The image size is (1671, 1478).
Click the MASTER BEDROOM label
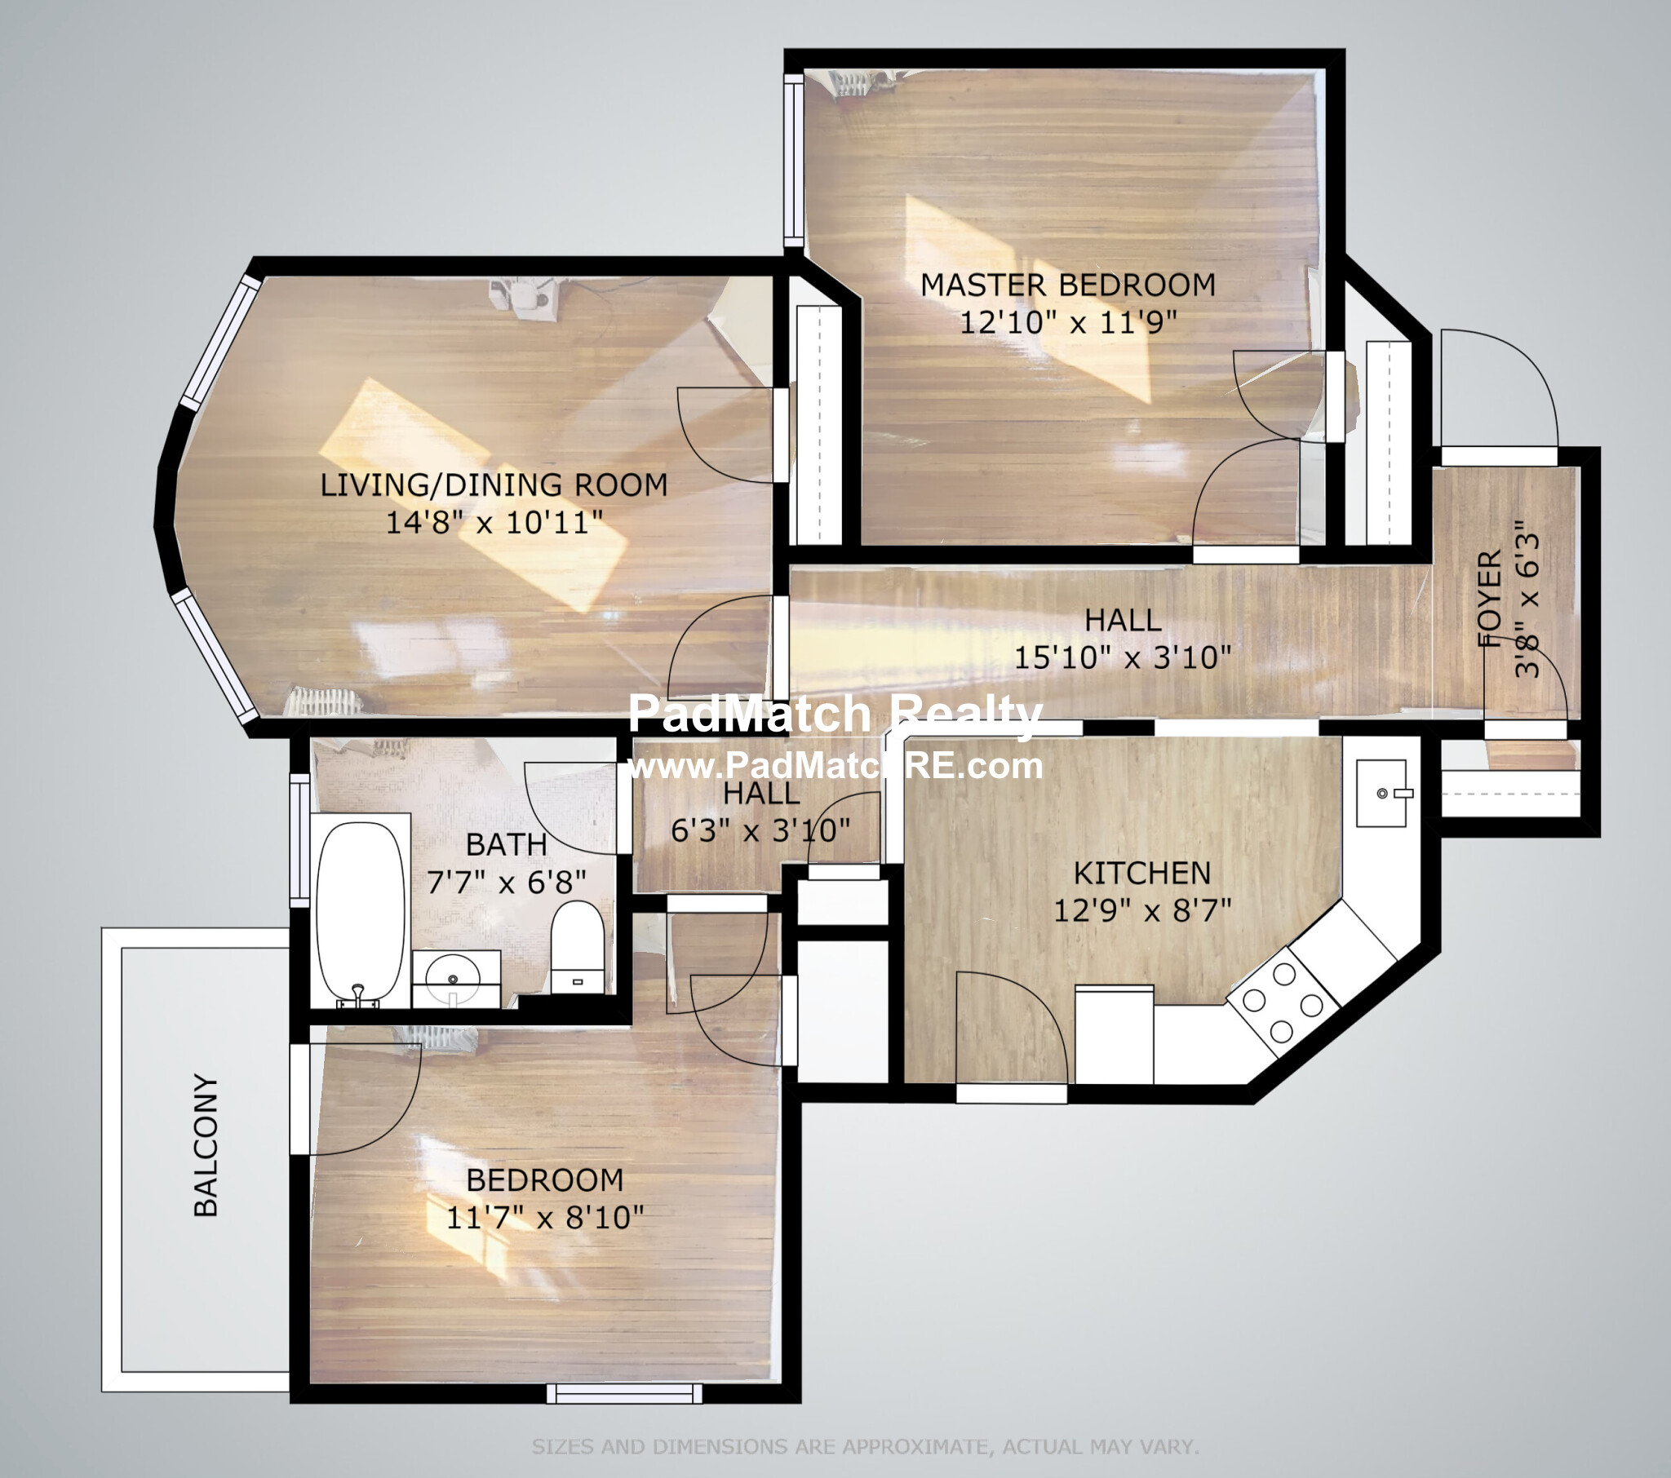tap(1068, 285)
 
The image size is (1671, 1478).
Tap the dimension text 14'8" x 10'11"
tap(494, 521)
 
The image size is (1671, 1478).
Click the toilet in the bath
tap(577, 947)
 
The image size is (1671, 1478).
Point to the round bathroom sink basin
tap(453, 975)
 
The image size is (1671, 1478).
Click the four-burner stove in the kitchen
tap(1283, 1002)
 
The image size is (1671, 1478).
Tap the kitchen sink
tap(1381, 793)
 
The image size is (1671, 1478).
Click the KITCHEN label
tap(1142, 873)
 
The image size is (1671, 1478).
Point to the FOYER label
tap(1491, 599)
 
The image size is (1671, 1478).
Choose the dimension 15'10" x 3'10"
tap(1123, 657)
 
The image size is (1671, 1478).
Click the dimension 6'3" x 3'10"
tap(760, 830)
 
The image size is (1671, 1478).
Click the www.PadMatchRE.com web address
tap(835, 766)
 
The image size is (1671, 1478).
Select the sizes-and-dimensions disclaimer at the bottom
tap(865, 1447)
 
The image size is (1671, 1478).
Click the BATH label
tap(506, 844)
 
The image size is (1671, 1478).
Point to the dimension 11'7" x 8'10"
tap(544, 1217)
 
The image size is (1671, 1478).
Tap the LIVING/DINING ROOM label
tap(494, 485)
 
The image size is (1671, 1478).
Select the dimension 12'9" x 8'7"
tap(1142, 909)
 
